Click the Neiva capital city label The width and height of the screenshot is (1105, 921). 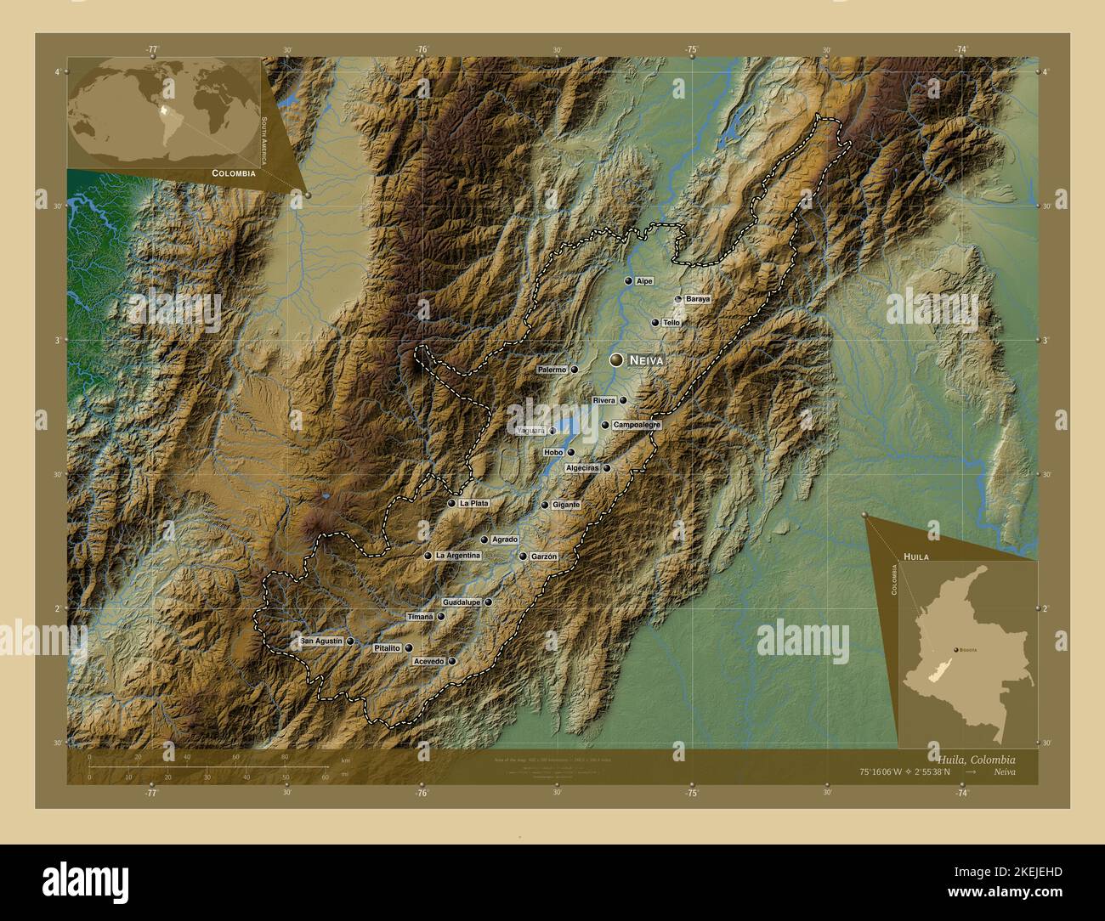tap(645, 361)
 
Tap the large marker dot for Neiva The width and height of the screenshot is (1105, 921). tap(616, 360)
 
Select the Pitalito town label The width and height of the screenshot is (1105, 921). tap(387, 648)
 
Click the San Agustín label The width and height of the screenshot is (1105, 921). tap(322, 641)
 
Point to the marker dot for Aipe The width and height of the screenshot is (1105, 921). tap(628, 280)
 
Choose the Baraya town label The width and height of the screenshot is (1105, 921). tap(697, 299)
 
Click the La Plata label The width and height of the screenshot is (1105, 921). tap(473, 503)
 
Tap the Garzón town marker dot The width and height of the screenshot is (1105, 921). tap(523, 557)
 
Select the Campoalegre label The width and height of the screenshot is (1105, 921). tap(637, 425)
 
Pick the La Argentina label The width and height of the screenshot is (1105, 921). tap(457, 556)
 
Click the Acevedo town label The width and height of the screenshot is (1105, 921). tap(428, 661)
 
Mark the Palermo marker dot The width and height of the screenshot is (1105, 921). tap(575, 370)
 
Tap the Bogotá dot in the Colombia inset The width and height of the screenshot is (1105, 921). tap(956, 649)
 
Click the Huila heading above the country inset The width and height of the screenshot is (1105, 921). tap(915, 555)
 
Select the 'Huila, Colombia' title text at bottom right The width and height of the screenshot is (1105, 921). tap(975, 759)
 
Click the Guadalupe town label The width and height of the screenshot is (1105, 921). tap(462, 602)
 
